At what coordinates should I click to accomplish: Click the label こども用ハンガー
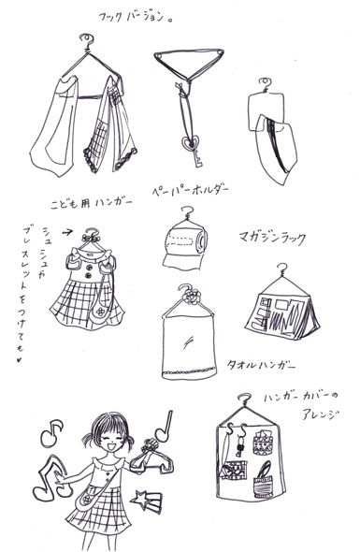[92, 199]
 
